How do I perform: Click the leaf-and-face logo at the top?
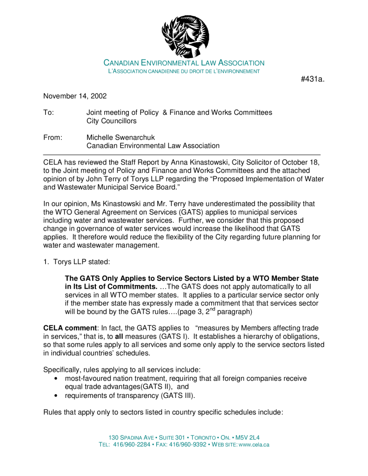click(185, 36)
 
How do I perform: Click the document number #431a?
click(312, 79)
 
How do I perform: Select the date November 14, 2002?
click(75, 96)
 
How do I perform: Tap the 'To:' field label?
click(48, 112)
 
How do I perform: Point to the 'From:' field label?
click(53, 137)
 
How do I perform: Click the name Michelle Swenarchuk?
click(120, 137)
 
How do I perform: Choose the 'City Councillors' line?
click(112, 121)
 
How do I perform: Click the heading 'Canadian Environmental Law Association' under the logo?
click(184, 63)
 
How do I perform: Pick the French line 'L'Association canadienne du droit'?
click(184, 71)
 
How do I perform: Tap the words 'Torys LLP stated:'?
click(81, 262)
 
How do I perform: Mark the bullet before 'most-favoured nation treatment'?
click(56, 379)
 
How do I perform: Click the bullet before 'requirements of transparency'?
click(56, 396)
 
